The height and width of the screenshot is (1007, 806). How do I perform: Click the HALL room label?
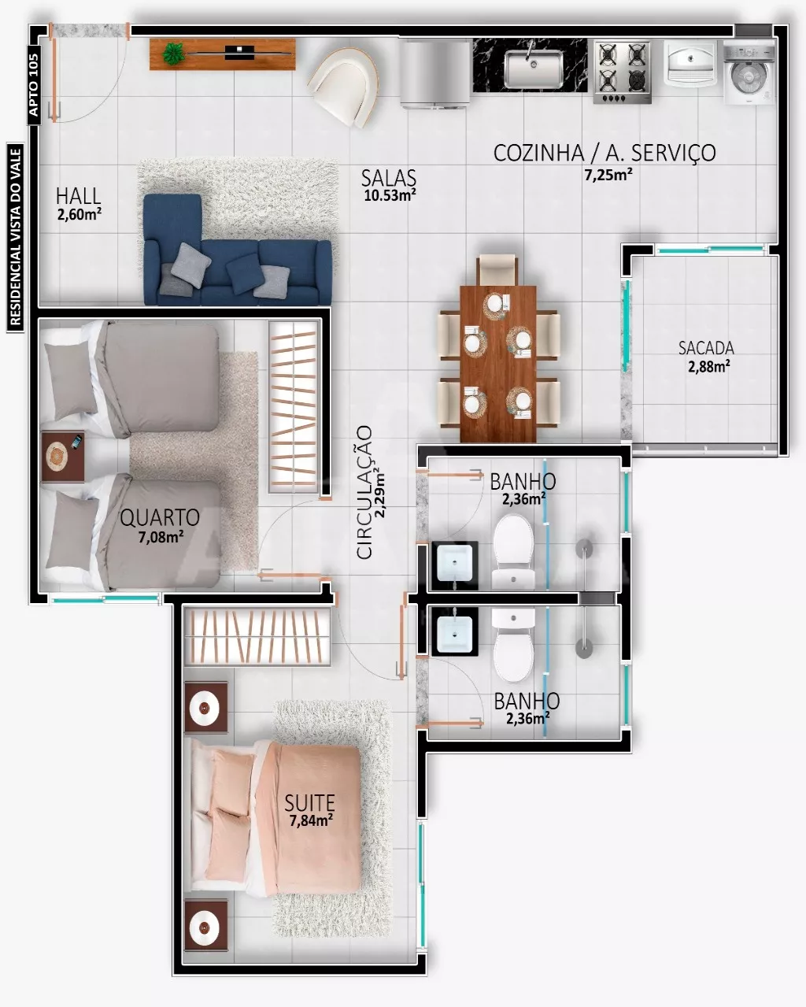pos(78,196)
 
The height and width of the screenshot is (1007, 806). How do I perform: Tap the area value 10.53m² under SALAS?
pos(390,195)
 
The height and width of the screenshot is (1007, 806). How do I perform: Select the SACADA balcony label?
pos(706,348)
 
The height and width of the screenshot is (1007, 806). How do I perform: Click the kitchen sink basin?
pos(534,69)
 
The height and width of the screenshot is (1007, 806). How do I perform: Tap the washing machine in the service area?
pos(749,72)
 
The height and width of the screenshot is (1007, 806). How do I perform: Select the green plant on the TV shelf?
pos(173,54)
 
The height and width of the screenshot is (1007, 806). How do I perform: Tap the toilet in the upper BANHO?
pos(513,551)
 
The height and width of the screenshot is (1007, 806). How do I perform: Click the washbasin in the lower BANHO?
pos(455,631)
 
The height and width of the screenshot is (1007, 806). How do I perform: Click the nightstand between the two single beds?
pos(63,457)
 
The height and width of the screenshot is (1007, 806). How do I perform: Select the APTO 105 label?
pos(34,85)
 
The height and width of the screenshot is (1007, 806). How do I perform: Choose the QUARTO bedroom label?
pos(160,517)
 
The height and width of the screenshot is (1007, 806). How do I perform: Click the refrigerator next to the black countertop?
pos(435,75)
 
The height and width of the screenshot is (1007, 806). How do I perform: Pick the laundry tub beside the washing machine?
pos(690,63)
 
